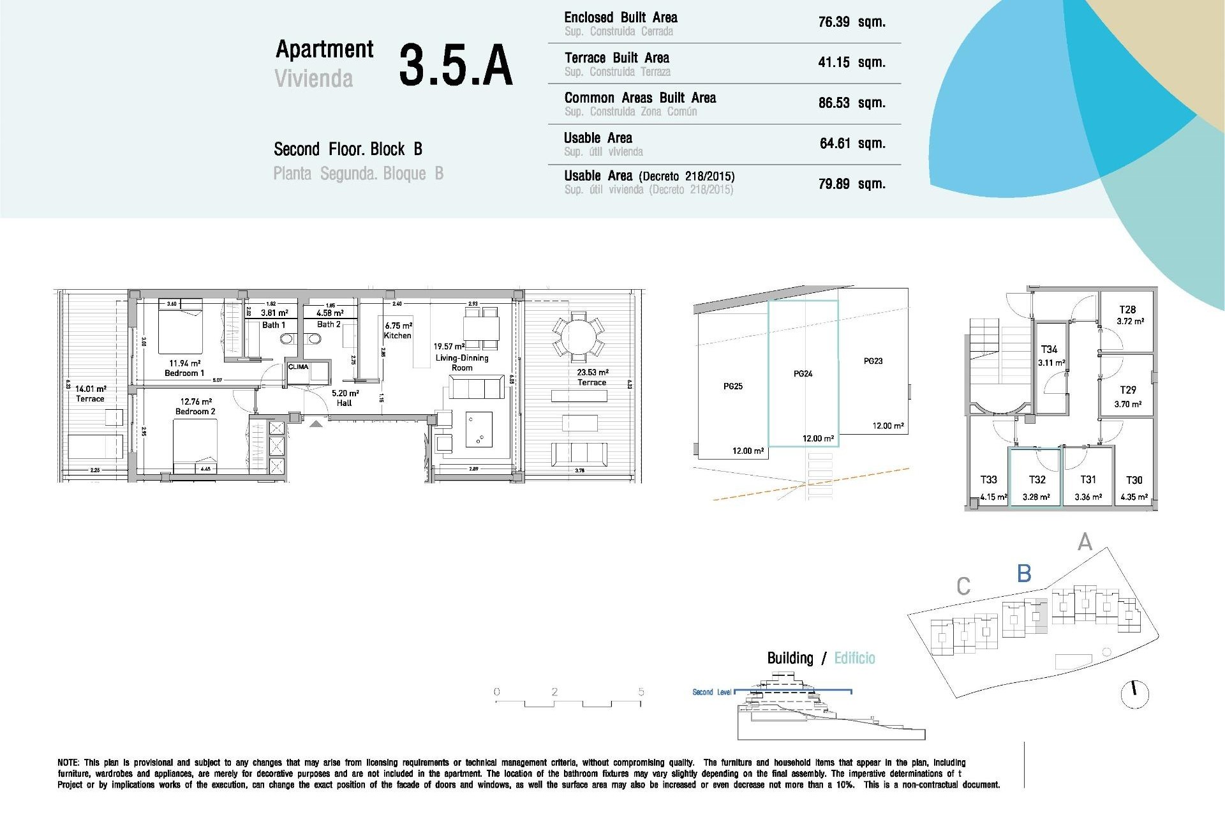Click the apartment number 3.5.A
(456, 65)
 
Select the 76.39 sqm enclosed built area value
(851, 22)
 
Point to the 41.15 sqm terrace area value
(851, 63)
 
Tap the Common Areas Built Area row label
(640, 98)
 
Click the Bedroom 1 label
(184, 373)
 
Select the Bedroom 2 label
(195, 412)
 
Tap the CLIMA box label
(298, 367)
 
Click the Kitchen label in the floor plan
(397, 336)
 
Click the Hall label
(345, 403)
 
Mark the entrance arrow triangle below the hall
(316, 423)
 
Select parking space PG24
(803, 374)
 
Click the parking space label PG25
(733, 386)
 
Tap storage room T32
(1037, 480)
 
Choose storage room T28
(1127, 310)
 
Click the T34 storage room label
(1049, 350)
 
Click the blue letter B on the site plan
(1024, 573)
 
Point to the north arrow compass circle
(1134, 694)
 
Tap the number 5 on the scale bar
(641, 692)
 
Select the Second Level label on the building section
(711, 693)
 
